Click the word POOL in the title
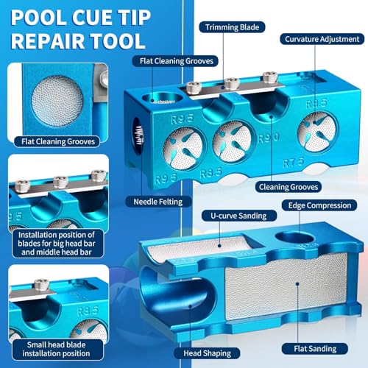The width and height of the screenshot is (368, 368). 39,18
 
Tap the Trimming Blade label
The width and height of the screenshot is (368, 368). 232,27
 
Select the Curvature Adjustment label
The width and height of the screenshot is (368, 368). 322,39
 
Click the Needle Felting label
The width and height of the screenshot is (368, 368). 158,202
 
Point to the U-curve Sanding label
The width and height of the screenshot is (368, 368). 238,216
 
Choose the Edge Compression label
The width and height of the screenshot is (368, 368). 319,205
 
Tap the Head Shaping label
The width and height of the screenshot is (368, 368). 208,353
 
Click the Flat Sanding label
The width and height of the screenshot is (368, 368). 315,349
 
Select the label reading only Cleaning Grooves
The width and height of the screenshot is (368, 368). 289,187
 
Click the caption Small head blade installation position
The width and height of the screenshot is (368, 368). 56,349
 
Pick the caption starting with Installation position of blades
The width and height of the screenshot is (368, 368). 57,244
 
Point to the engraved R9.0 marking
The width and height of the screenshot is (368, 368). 269,138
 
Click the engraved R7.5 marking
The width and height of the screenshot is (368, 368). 294,162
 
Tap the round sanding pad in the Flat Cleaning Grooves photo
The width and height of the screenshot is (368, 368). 57,101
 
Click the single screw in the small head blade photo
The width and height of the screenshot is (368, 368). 41,285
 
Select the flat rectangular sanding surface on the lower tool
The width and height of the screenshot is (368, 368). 286,286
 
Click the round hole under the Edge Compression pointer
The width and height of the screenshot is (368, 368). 294,238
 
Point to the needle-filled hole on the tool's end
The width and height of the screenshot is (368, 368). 138,135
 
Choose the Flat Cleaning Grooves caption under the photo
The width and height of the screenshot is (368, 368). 58,141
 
